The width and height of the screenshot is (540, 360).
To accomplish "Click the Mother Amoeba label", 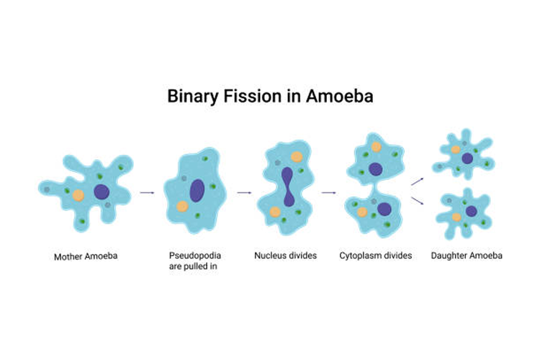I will click(85, 256).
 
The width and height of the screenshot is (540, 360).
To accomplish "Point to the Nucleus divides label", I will click(285, 256).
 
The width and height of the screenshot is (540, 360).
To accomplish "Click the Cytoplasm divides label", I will click(375, 256).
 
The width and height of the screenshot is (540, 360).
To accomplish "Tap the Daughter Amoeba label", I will click(467, 256).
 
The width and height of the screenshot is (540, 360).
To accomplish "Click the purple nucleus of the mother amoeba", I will click(102, 192).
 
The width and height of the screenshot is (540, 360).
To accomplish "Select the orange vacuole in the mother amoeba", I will click(78, 194).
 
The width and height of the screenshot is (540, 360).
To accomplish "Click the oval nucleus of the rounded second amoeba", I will click(197, 191).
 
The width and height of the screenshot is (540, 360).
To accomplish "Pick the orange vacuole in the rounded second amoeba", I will click(182, 206).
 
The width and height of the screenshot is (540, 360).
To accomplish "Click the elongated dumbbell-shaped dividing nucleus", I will click(287, 187).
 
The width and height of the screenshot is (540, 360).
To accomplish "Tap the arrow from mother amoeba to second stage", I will click(148, 193).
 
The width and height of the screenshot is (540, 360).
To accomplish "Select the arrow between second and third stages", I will click(244, 193).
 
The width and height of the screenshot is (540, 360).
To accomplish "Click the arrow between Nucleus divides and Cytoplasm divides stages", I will click(329, 193).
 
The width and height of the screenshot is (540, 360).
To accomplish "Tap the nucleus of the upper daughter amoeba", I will click(467, 158).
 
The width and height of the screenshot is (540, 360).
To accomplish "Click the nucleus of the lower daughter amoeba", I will click(471, 211).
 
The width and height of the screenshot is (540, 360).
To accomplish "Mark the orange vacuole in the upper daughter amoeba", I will click(456, 149).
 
